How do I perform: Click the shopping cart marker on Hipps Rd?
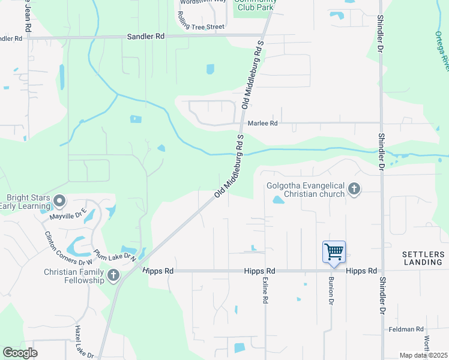click(334, 252)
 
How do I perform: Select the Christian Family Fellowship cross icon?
click(113, 275)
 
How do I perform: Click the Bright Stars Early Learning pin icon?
click(59, 200)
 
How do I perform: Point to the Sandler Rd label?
click(146, 37)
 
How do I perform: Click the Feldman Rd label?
click(406, 329)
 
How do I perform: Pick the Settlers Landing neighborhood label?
click(423, 258)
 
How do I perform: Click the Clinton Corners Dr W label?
click(68, 248)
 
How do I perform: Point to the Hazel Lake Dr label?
click(85, 342)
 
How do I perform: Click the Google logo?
click(20, 353)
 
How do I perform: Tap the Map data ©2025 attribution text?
click(423, 355)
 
